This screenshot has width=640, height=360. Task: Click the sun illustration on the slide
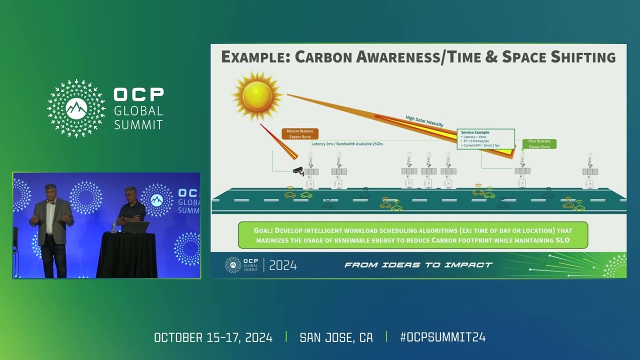[x=257, y=95]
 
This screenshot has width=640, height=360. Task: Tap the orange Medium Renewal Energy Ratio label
[x=299, y=133]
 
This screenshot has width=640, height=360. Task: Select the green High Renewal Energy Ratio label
[x=539, y=144]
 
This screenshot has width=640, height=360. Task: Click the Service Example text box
[x=486, y=138]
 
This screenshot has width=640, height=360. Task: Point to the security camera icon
[x=298, y=171]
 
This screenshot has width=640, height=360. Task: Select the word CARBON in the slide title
[x=324, y=57]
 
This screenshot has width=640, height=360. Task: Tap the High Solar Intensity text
[x=424, y=121]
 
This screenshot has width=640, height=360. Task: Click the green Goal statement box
[x=412, y=235]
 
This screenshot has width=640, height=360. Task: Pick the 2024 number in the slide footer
[x=283, y=265]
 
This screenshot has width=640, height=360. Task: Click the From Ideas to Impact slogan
[x=418, y=265]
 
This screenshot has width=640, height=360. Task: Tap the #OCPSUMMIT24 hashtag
[x=442, y=337]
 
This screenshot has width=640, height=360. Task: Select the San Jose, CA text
[x=336, y=337]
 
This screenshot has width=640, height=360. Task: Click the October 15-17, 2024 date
[x=213, y=337]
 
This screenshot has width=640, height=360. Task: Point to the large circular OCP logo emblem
[x=76, y=108]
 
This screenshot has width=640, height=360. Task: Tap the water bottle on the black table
[x=114, y=226]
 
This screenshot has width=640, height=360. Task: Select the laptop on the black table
[x=137, y=227]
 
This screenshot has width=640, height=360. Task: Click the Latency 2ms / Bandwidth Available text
[x=347, y=144]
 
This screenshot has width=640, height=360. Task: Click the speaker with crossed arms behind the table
[x=131, y=207]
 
